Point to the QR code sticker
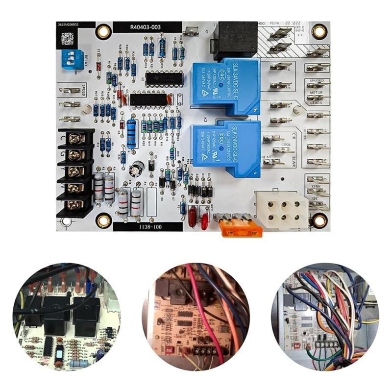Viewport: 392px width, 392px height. pyautogui.click(x=68, y=39)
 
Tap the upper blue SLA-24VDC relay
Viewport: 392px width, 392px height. pyautogui.click(x=226, y=86)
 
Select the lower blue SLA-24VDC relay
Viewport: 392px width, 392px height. pyautogui.click(x=226, y=147)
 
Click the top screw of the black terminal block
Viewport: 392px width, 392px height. pyautogui.click(x=74, y=139)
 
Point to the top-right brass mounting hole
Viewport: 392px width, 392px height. pyautogui.click(x=319, y=32)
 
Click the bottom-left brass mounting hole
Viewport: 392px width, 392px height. pyautogui.click(x=103, y=220)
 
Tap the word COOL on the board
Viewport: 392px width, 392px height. pyautogui.click(x=286, y=145)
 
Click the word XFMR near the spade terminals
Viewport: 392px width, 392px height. pyautogui.click(x=316, y=188)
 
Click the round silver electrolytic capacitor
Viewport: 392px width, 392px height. pyautogui.click(x=136, y=171)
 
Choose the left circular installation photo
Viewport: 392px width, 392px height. pyautogui.click(x=66, y=316)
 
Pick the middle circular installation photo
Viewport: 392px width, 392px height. pyautogui.click(x=196, y=316)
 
